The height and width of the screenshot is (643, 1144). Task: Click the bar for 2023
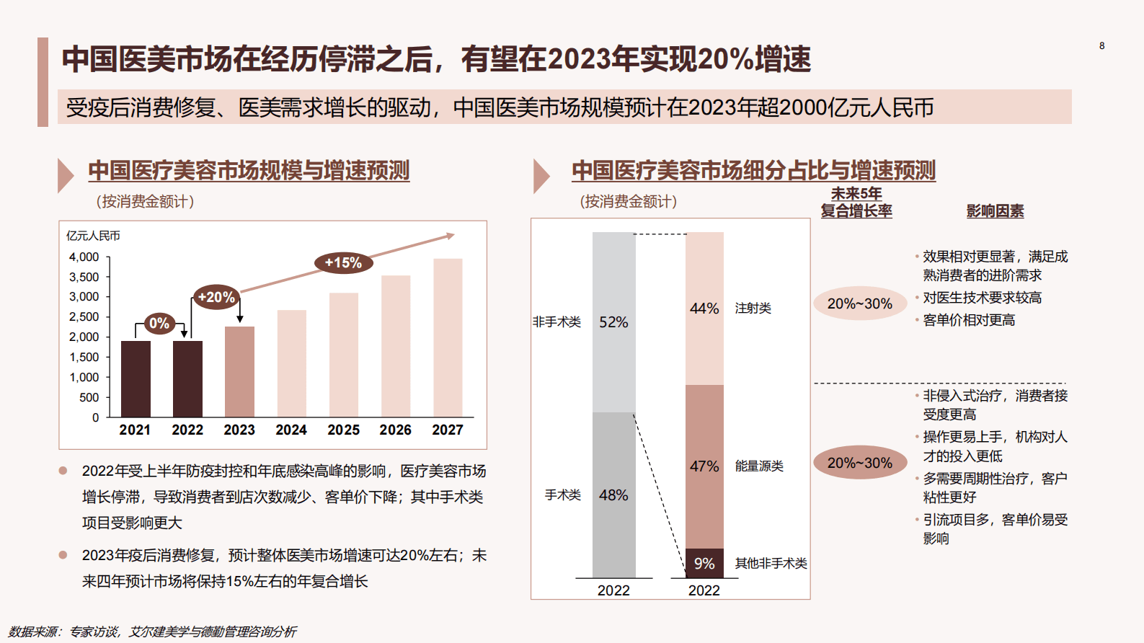tap(239, 371)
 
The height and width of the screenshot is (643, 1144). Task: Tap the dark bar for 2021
tap(136, 378)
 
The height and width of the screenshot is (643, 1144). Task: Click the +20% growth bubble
tap(216, 297)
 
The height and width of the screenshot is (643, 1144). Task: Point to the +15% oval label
tap(343, 263)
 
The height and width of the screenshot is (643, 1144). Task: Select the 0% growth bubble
tap(159, 324)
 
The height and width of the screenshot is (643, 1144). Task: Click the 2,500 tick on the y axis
tap(84, 317)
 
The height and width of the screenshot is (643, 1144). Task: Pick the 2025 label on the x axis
tap(343, 430)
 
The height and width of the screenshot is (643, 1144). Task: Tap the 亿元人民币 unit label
tap(94, 236)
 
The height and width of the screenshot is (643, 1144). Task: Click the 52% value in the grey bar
tap(613, 322)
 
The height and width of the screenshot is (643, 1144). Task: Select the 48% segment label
tap(613, 495)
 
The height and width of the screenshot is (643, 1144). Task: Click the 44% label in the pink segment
tap(704, 309)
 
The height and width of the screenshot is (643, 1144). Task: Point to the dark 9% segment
tap(704, 564)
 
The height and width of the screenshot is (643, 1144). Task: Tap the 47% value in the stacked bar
tap(704, 466)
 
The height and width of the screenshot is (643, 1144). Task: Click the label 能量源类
tap(759, 466)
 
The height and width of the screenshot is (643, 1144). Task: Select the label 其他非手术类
tap(771, 564)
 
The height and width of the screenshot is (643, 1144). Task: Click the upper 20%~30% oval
tap(860, 304)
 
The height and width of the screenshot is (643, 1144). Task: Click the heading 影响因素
tap(995, 211)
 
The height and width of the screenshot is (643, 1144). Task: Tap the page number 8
tap(1101, 46)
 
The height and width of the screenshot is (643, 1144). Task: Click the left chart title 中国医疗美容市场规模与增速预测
tap(249, 171)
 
